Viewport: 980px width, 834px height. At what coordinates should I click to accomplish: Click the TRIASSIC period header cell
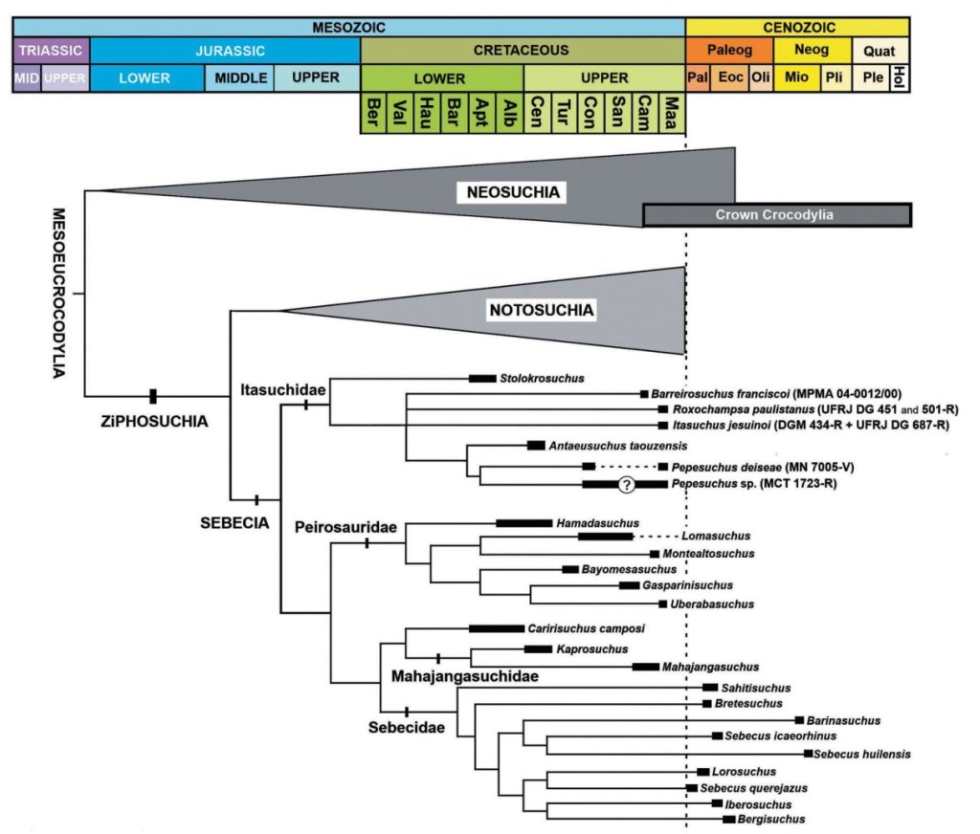(51, 50)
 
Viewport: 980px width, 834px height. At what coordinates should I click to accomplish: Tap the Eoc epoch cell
(732, 77)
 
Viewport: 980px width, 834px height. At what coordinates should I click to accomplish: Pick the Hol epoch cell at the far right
(900, 77)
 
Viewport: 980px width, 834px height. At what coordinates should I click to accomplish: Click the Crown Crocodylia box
(776, 215)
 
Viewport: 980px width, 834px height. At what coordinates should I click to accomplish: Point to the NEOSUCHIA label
(512, 193)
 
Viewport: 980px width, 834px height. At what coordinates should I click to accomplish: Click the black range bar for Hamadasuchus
(524, 523)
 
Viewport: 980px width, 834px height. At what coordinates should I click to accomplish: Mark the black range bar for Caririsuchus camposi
(496, 629)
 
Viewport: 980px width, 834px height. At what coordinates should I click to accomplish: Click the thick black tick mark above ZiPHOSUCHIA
(152, 396)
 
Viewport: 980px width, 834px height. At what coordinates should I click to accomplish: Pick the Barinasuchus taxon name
(842, 720)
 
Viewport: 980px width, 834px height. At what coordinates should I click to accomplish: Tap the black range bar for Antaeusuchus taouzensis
(536, 445)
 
